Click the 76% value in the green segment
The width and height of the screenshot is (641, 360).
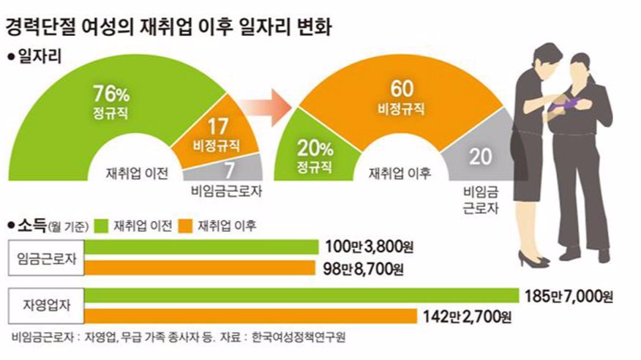[x=110, y=93]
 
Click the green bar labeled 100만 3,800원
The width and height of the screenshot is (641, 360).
[x=205, y=247]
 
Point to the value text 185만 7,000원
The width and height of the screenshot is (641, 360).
[x=568, y=296]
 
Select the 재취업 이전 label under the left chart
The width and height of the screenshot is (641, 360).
[x=138, y=173]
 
